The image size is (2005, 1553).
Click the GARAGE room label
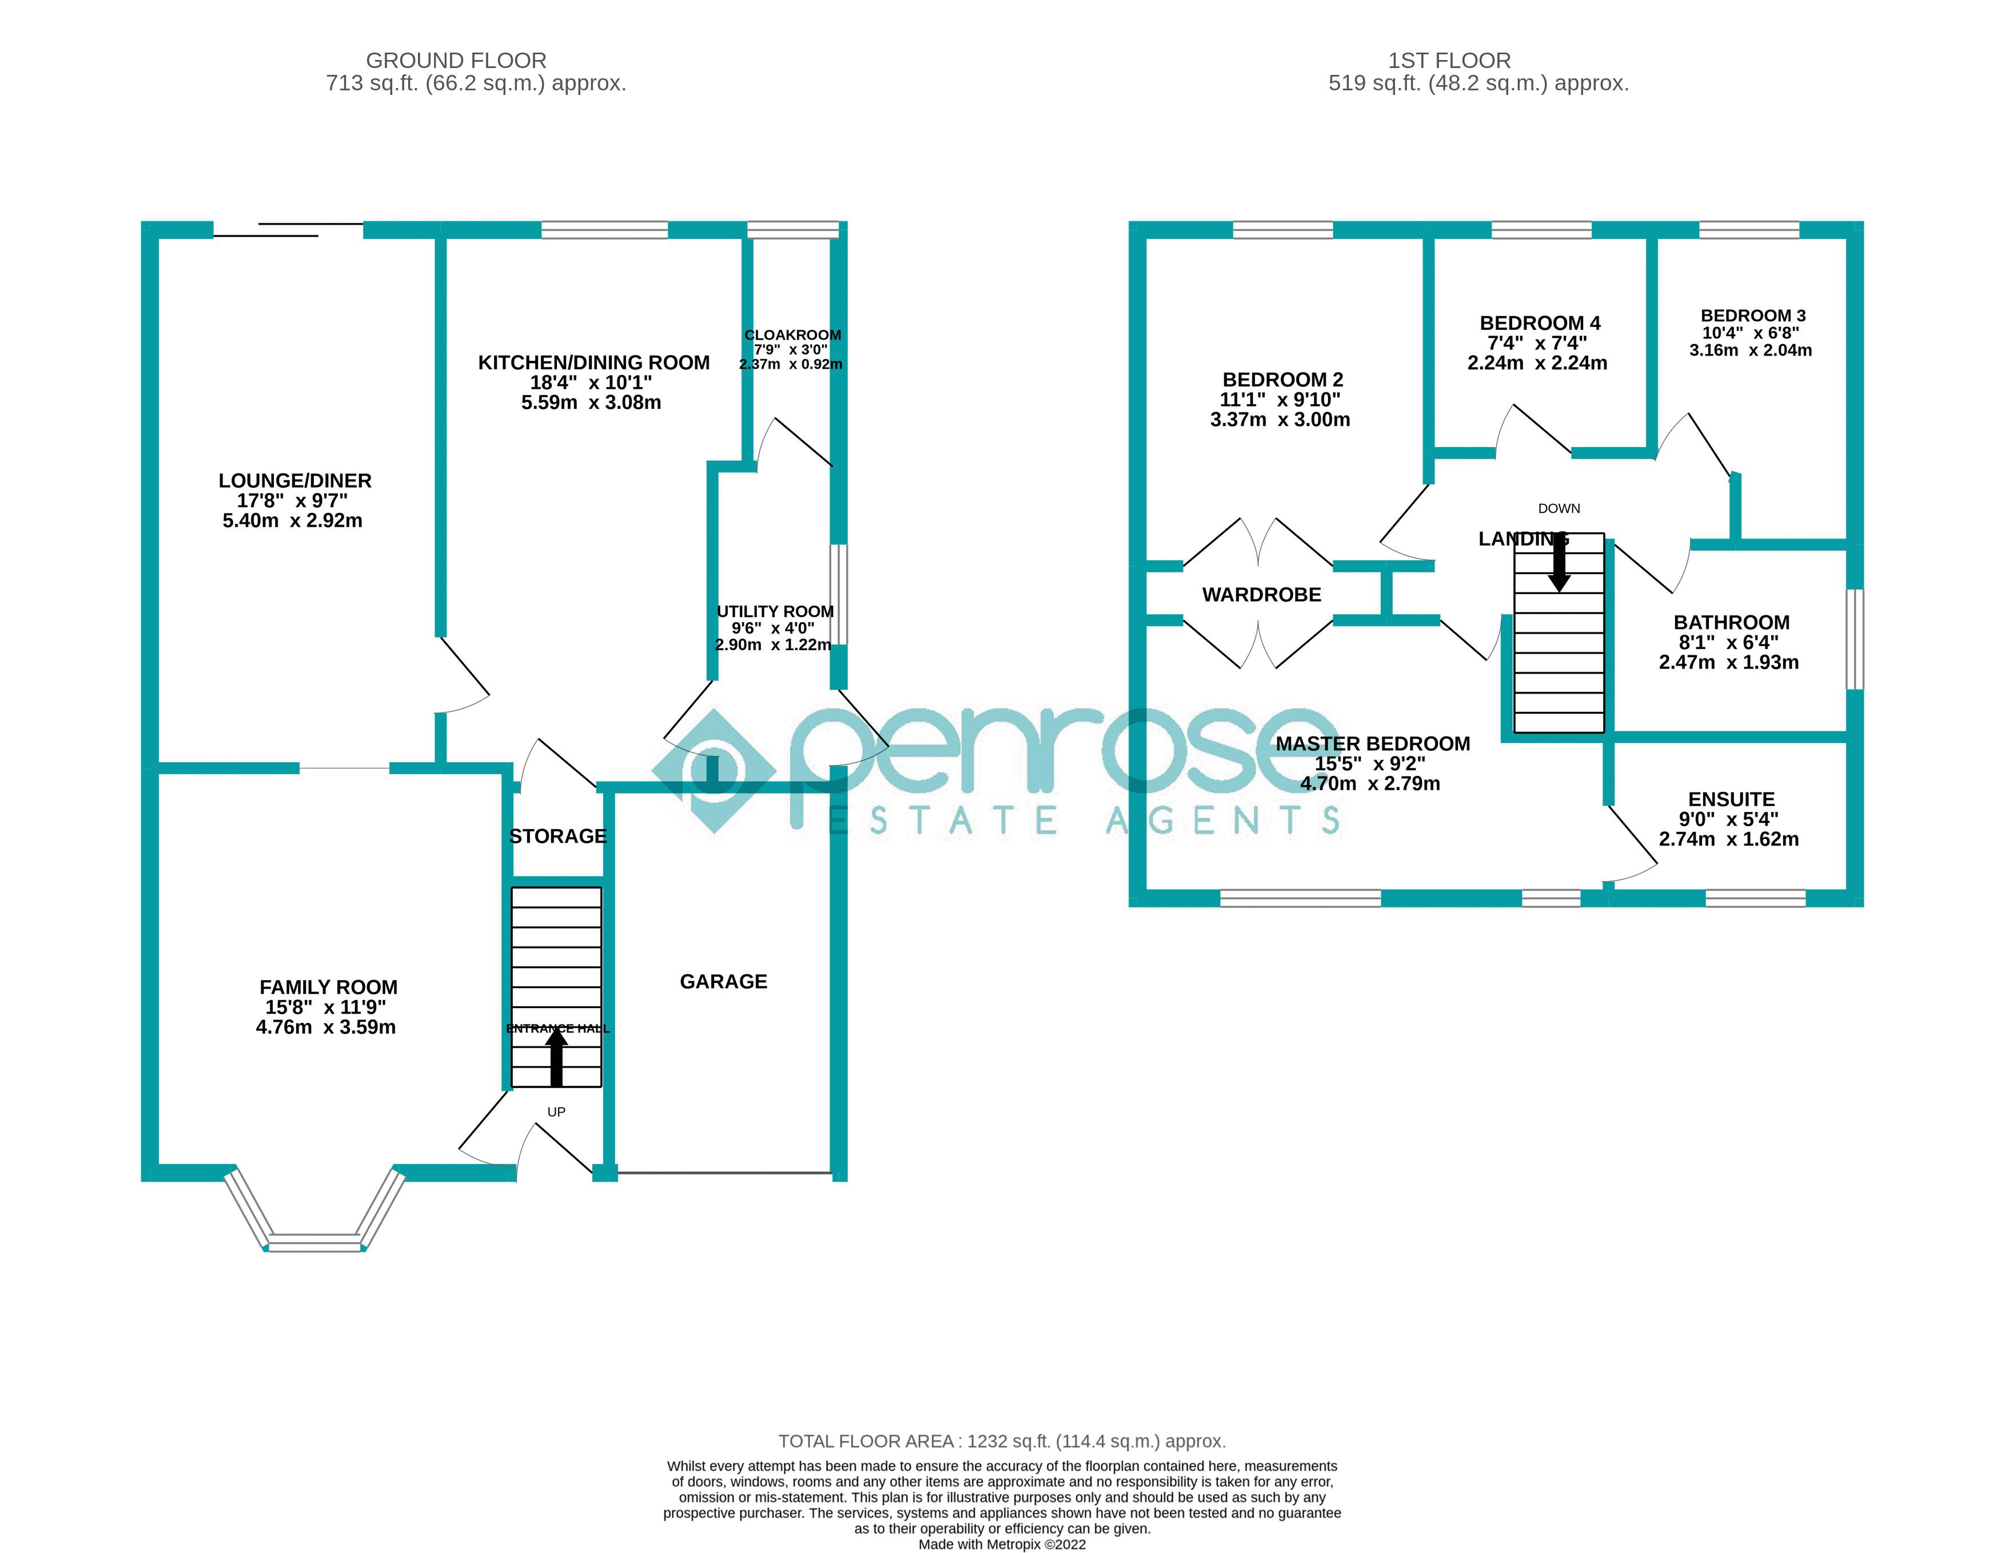pyautogui.click(x=723, y=982)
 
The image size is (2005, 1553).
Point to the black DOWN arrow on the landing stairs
pyautogui.click(x=1559, y=563)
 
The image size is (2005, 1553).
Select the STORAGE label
pyautogui.click(x=557, y=836)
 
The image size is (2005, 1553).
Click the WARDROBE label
pyautogui.click(x=1261, y=595)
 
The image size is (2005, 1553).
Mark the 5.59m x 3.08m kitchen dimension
pyautogui.click(x=591, y=402)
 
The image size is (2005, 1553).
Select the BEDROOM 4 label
pyautogui.click(x=1540, y=323)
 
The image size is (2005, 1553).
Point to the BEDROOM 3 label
pyautogui.click(x=1752, y=315)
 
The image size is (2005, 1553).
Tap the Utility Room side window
pyautogui.click(x=838, y=594)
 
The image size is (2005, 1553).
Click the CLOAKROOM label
pyautogui.click(x=792, y=335)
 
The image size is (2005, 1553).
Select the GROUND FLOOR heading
pyautogui.click(x=456, y=61)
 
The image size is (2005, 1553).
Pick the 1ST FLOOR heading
pyautogui.click(x=1449, y=61)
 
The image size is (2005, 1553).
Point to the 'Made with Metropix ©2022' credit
pyautogui.click(x=1002, y=1545)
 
